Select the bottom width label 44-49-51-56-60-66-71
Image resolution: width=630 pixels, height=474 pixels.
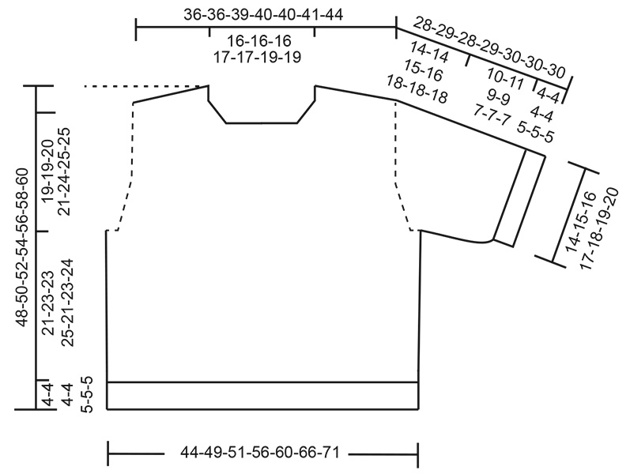pos(262,453)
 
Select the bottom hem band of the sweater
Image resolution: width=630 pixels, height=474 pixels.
pos(262,396)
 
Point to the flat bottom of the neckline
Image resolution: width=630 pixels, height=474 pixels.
pos(262,123)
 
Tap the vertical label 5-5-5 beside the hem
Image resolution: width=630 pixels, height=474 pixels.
pos(89,395)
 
